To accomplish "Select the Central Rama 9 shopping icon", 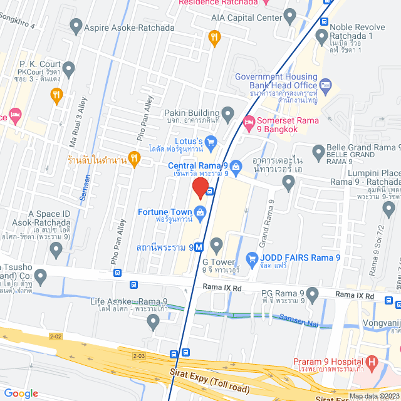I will point(236,166).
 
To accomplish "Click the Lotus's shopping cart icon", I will point(211,141).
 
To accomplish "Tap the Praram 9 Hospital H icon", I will point(372,362).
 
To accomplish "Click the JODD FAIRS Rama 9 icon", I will point(252,258).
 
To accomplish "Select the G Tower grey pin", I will point(217,244).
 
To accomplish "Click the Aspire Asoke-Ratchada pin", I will point(76,26).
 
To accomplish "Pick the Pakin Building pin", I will point(227,113).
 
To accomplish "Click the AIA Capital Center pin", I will point(289,15).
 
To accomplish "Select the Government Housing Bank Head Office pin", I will point(326,83).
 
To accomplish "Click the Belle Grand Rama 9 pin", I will point(318,151).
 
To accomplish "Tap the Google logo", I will point(21,393).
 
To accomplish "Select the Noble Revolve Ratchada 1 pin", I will point(323,36).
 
